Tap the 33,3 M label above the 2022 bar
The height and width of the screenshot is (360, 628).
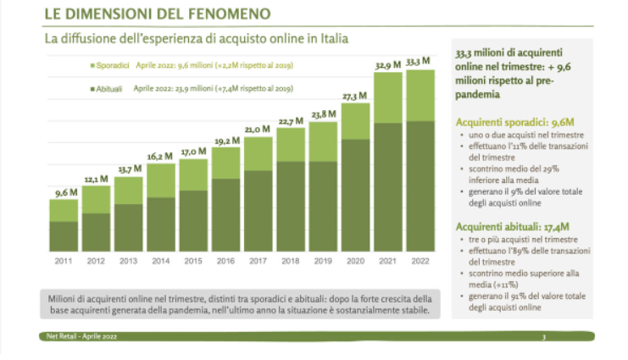(x=420, y=62)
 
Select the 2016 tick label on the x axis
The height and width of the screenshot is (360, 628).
(x=225, y=261)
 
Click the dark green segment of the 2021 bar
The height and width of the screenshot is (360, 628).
(x=387, y=186)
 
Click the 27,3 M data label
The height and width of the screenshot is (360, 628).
(x=354, y=96)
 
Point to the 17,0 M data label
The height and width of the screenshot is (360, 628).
(x=193, y=152)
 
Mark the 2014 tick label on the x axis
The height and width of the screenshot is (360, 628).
(x=161, y=261)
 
